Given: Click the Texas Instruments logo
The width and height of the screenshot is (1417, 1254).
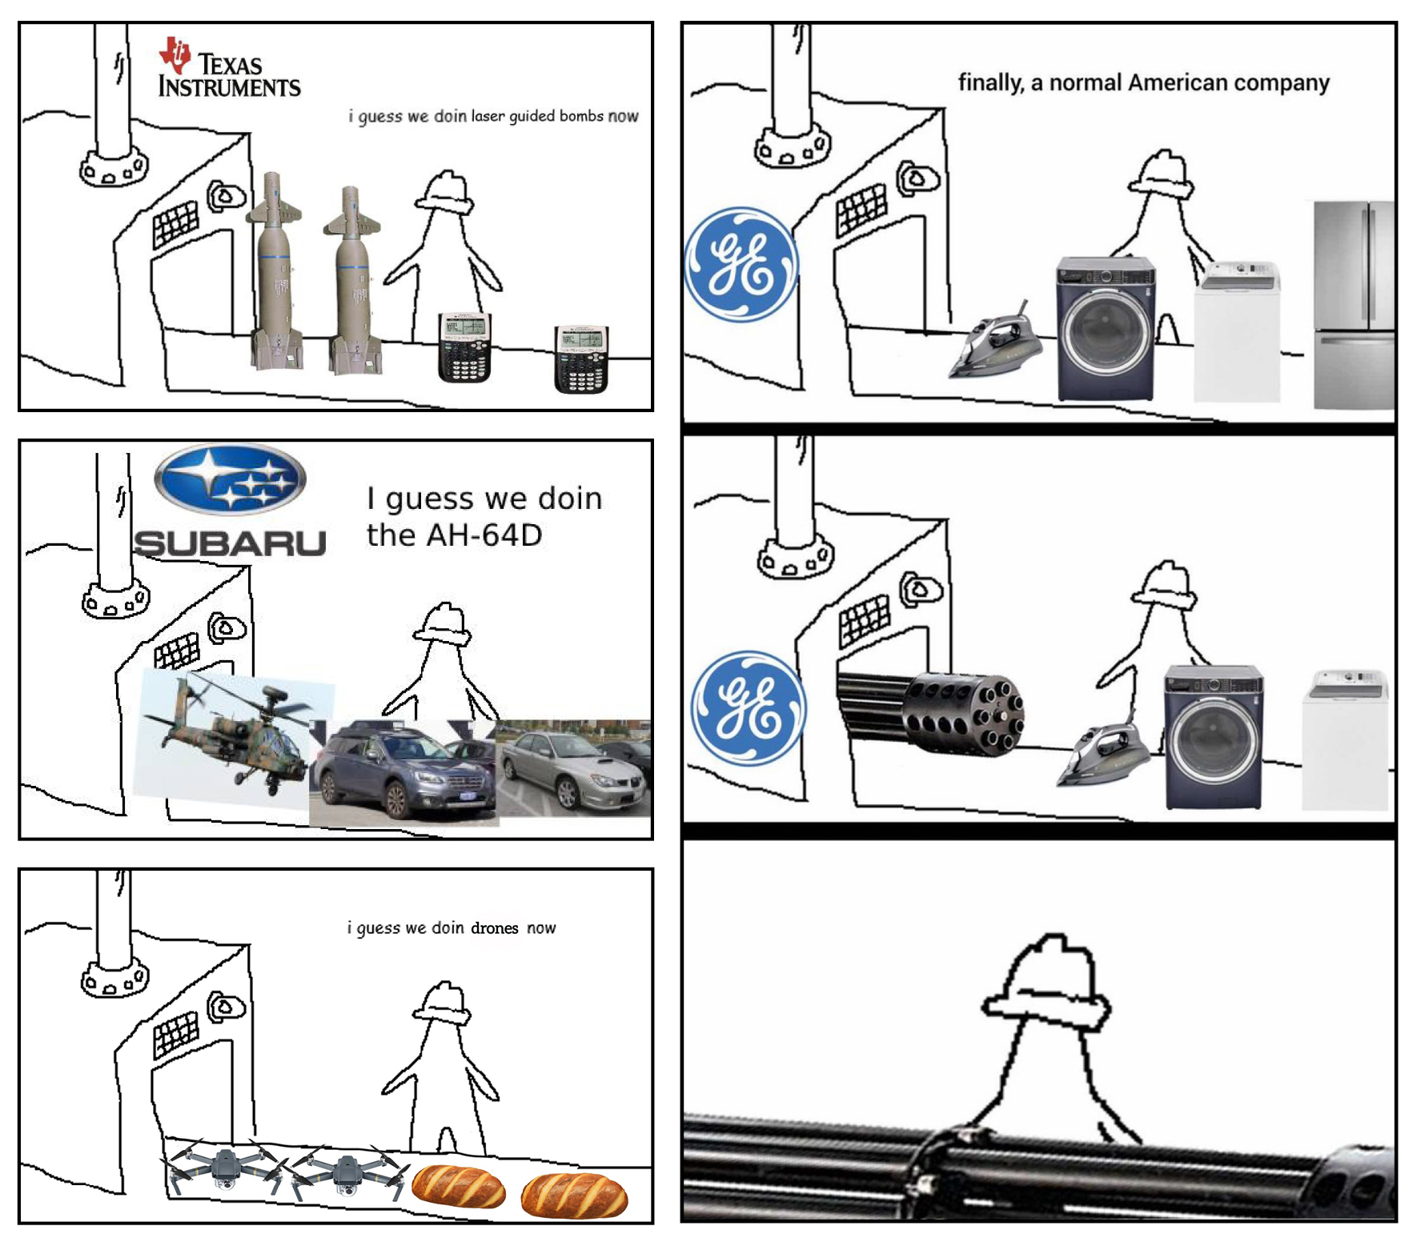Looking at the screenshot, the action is [229, 67].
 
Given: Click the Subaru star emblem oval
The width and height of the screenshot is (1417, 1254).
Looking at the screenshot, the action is [230, 479].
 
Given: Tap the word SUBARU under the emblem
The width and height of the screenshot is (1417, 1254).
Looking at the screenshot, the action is [230, 543].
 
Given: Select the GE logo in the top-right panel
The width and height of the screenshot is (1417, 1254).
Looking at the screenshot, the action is [741, 264].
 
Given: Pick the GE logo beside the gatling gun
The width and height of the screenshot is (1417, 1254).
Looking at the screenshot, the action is [748, 708].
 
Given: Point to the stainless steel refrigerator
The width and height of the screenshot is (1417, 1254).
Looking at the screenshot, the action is [1354, 305].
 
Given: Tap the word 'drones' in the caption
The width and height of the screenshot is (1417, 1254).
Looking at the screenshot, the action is [495, 927].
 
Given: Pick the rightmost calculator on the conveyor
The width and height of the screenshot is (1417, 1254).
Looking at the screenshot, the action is [581, 359].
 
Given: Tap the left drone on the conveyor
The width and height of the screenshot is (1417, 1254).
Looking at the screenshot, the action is [225, 1168].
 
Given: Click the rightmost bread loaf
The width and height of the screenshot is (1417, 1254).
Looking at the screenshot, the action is [574, 1195].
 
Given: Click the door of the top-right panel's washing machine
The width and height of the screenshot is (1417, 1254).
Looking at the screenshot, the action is [1106, 330].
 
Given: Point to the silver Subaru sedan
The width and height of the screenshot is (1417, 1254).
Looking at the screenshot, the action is [574, 768].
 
